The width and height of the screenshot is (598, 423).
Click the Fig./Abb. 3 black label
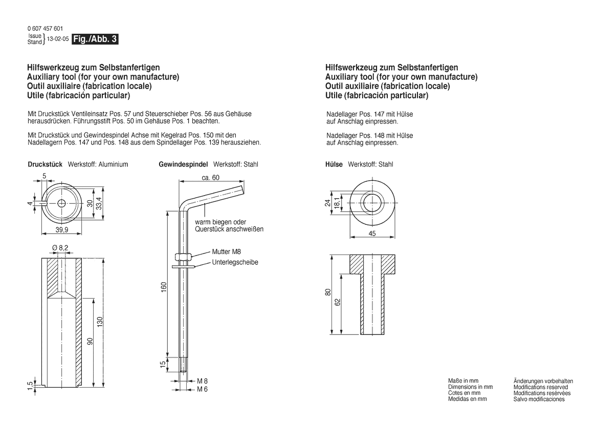95,39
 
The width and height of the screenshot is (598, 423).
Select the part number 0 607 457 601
46,29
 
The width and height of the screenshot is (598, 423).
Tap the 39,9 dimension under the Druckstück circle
62,229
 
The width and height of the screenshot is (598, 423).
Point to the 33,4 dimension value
99,203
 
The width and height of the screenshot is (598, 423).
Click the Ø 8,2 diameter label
60,248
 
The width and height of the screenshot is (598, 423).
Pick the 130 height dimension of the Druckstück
100,322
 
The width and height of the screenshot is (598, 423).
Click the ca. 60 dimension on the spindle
211,178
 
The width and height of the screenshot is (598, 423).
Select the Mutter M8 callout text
227,251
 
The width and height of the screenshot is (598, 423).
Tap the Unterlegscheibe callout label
235,262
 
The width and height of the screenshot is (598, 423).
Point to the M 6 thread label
202,389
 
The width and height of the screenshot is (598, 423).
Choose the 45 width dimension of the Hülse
372,234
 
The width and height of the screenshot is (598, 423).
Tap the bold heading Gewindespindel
184,164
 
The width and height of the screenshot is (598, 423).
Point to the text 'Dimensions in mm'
470,387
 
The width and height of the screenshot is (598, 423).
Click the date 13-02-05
58,39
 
